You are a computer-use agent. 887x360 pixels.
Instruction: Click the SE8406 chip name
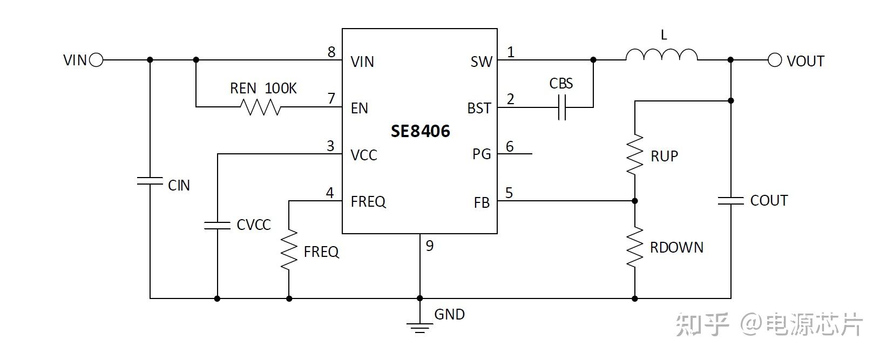point(420,131)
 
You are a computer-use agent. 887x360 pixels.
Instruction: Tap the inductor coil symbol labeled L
point(661,55)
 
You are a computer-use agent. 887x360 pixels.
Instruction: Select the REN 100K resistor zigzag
point(261,107)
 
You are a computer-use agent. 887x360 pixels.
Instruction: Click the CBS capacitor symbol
point(561,107)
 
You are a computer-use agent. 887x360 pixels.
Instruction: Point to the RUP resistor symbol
point(635,155)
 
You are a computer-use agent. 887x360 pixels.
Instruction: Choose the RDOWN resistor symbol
point(635,247)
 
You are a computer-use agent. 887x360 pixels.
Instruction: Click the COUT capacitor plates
point(731,201)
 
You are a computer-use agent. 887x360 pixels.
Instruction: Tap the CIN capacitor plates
point(150,181)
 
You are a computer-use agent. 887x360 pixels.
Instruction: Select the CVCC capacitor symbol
point(217,225)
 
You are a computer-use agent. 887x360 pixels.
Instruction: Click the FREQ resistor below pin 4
point(289,249)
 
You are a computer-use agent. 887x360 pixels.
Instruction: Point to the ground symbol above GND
point(419,326)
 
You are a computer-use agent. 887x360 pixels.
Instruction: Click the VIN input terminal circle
point(96,60)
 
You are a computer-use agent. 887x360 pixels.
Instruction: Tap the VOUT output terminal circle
point(774,60)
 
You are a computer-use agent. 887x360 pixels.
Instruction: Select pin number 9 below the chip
point(430,246)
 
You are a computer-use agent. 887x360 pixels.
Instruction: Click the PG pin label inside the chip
point(482,154)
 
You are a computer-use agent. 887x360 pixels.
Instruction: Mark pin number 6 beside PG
point(510,146)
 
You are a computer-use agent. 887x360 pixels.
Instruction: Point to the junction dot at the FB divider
point(635,201)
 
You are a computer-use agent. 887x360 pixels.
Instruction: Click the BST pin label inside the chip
point(479,108)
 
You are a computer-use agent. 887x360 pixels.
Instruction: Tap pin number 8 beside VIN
point(331,52)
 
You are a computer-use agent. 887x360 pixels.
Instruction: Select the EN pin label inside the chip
point(359,108)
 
